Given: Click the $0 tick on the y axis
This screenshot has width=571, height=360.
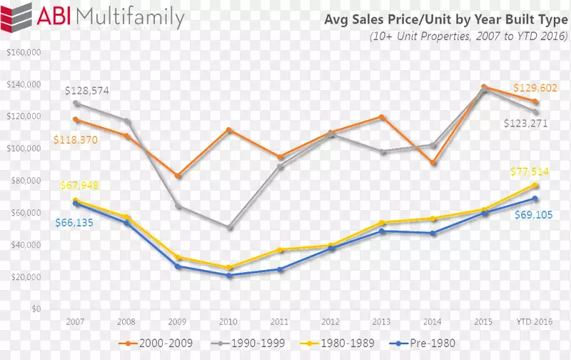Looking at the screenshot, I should point(35,309).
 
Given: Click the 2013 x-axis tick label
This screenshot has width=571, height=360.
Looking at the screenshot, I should point(382,322).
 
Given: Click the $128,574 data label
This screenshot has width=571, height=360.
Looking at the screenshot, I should point(87,91).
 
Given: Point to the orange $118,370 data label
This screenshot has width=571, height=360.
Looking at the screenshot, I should point(75,140).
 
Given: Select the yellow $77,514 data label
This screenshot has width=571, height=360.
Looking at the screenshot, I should point(531,171).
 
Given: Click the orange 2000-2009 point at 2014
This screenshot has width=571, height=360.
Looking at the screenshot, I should point(433,163).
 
